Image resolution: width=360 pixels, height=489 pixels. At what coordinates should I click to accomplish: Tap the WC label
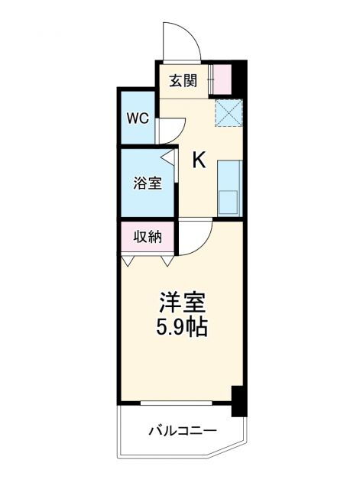[x=138, y=120]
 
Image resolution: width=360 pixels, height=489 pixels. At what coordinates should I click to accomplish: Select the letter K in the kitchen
[x=199, y=160]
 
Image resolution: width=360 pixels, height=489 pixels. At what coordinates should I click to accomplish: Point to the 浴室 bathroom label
[x=148, y=183]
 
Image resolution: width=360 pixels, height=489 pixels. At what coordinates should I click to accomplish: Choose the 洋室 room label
[x=181, y=302]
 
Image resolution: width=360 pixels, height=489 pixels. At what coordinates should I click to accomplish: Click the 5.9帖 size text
[x=181, y=329]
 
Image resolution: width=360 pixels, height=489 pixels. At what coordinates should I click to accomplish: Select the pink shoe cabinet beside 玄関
[x=222, y=80]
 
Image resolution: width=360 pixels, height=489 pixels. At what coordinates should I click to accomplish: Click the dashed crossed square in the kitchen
[x=227, y=114]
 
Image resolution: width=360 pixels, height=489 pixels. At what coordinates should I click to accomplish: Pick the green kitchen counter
[x=229, y=176]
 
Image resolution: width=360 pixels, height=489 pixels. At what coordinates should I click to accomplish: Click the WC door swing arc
[x=170, y=130]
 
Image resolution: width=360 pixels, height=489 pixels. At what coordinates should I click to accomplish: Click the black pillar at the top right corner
[x=240, y=76]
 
